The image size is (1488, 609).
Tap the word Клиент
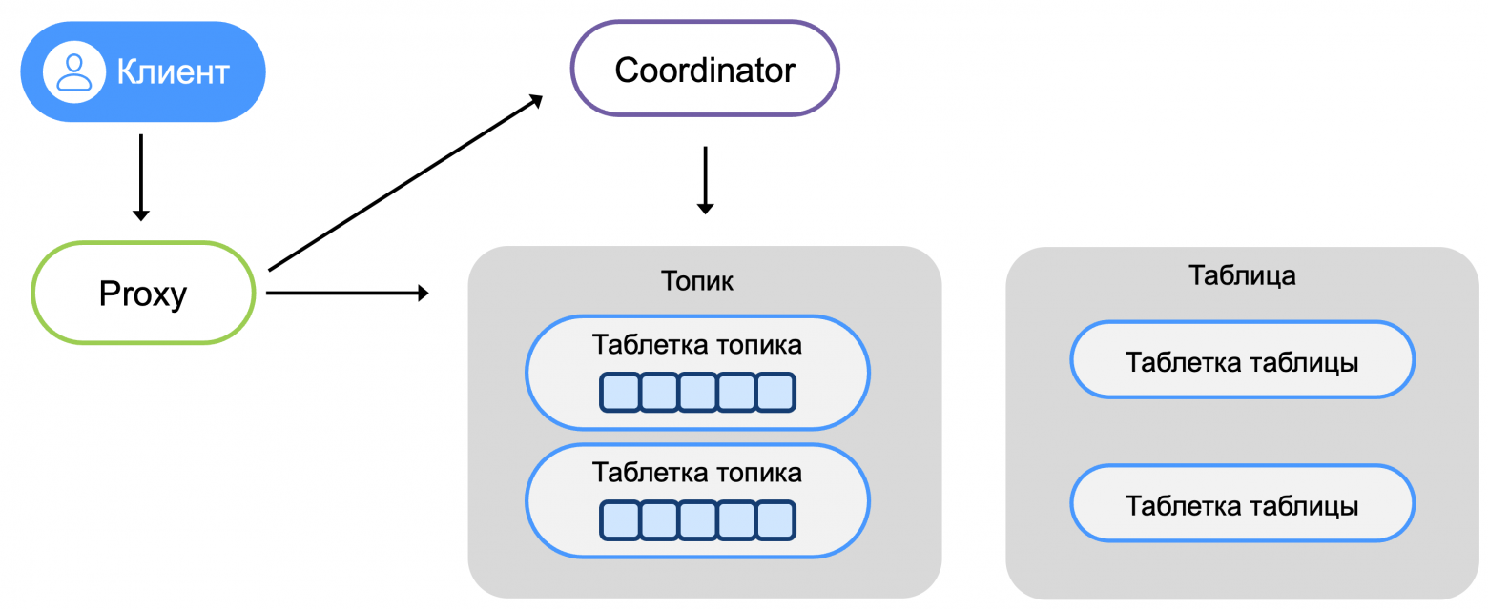(173, 71)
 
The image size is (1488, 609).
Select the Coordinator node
(704, 70)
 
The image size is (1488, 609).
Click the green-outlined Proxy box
(143, 294)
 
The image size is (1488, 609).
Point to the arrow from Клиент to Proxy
(141, 176)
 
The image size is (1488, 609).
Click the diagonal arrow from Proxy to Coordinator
(405, 183)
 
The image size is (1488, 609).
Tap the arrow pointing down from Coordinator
(705, 179)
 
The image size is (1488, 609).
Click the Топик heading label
(697, 281)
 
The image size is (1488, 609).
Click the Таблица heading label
(1242, 275)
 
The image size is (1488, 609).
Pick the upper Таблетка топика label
(697, 344)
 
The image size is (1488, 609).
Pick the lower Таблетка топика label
(697, 472)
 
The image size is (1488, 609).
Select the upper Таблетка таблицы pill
(1242, 362)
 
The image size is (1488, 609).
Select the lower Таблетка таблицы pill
(1242, 505)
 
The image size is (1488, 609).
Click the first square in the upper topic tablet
(620, 392)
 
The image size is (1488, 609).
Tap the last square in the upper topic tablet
(775, 392)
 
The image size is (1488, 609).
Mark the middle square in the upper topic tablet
(697, 392)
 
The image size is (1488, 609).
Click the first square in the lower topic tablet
(620, 519)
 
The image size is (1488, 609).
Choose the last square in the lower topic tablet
(775, 519)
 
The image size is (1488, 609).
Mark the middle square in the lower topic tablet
(697, 519)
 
